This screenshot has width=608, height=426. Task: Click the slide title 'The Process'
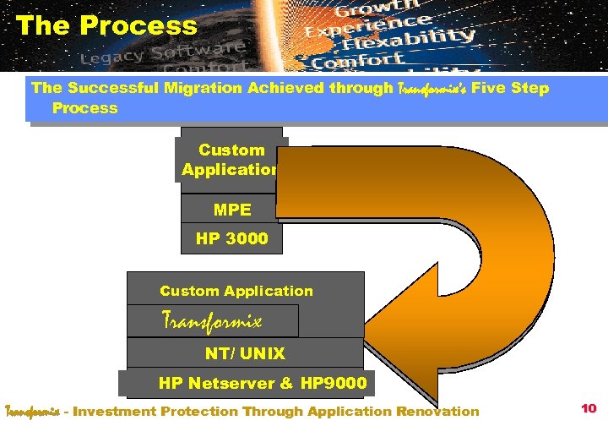pos(106,25)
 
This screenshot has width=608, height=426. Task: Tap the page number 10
pos(589,409)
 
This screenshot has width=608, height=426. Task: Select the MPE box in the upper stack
pos(232,209)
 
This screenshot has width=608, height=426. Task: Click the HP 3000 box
pos(232,238)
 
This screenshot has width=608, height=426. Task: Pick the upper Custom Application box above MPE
pos(231,160)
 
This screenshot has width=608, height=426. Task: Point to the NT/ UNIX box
pos(245,353)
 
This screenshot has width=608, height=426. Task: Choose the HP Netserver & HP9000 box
pos(262,384)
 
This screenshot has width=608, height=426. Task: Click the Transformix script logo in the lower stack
pos(212,321)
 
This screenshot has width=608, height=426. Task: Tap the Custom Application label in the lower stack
pos(236,291)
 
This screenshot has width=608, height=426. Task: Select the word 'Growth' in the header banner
pos(366,11)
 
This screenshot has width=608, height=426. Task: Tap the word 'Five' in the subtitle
pos(480,88)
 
